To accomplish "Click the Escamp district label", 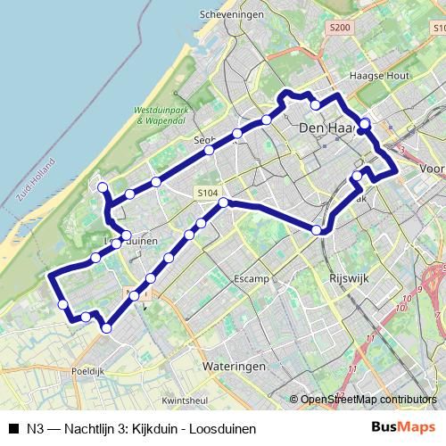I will tap(252, 279).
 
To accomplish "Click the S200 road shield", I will tap(340, 28).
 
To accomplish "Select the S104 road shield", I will tap(208, 192).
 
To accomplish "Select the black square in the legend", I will tap(12, 428).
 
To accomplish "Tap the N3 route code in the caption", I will tap(35, 428).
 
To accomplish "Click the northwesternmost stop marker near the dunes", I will tap(103, 186).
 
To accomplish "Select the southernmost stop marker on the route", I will tap(107, 328).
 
